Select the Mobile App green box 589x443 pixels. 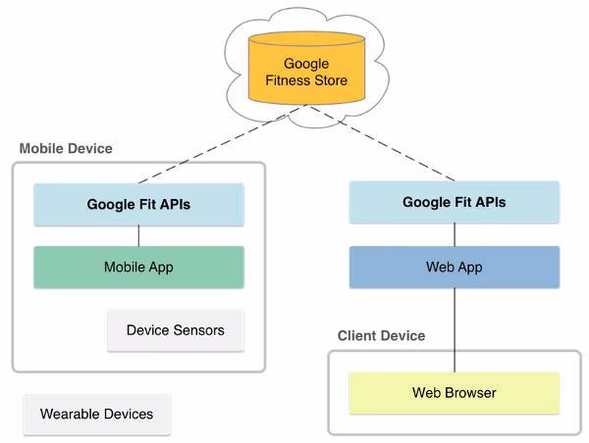138,267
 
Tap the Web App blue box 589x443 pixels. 454,267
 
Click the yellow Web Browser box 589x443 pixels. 454,393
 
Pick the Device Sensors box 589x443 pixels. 175,330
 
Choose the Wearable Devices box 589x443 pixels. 96,414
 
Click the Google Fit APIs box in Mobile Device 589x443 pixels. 138,205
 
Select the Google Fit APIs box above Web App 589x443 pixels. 454,203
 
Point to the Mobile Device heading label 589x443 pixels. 66,149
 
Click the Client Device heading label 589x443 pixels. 381,336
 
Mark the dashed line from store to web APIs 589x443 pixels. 383,144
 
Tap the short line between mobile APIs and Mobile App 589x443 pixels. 138,235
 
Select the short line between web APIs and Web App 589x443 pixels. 454,234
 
